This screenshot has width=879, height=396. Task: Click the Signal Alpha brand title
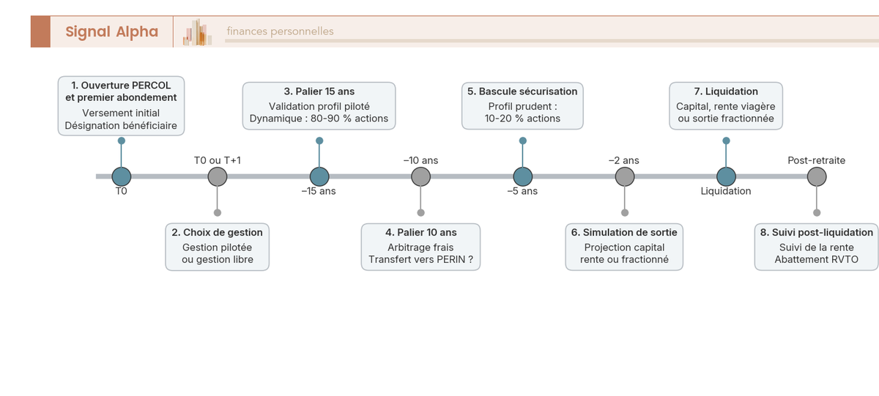[112, 31]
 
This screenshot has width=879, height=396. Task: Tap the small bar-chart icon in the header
[197, 32]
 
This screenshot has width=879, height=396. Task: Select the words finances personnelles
[280, 31]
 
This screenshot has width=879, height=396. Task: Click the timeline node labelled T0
[122, 176]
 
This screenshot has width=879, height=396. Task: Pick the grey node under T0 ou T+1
[218, 176]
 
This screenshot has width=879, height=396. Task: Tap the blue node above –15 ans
[319, 176]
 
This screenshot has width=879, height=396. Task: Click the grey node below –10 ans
[420, 176]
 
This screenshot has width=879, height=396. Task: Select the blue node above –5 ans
[523, 176]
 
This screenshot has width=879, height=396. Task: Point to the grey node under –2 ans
[625, 176]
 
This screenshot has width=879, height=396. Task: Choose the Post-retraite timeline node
[817, 176]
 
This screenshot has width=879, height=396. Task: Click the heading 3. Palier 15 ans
[319, 91]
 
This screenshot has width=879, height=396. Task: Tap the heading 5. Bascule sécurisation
[522, 91]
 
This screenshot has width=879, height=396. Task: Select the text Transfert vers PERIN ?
[420, 260]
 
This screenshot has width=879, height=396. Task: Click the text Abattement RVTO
[816, 260]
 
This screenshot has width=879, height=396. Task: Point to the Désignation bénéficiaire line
[121, 125]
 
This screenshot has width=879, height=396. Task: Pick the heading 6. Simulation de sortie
[624, 233]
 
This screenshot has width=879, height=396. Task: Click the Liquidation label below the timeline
[726, 191]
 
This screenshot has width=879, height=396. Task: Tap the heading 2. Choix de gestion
[217, 233]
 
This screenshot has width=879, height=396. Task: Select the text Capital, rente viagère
[726, 107]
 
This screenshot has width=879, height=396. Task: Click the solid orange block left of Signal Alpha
[40, 31]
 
